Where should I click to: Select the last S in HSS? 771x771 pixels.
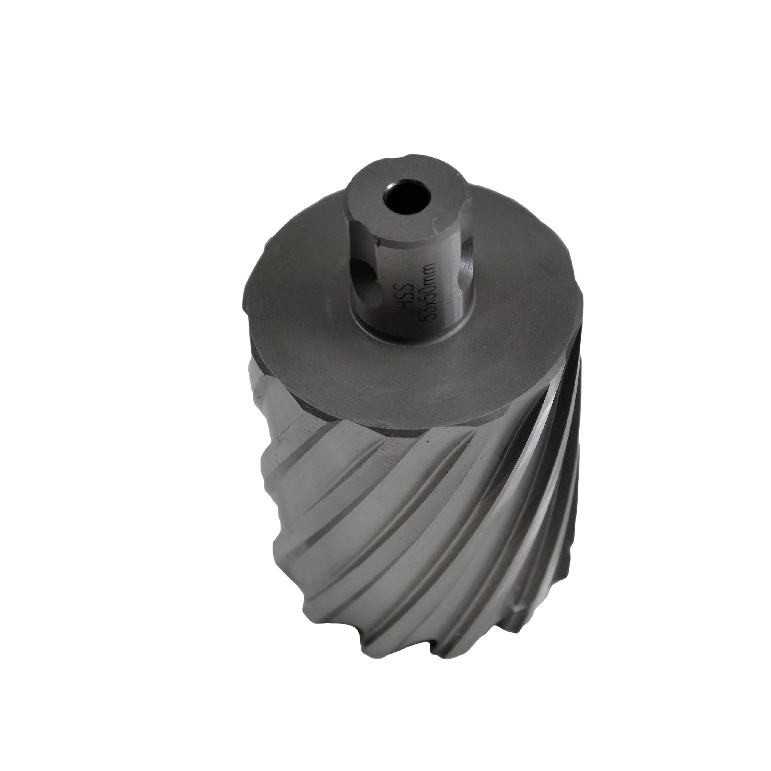[405, 285]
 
